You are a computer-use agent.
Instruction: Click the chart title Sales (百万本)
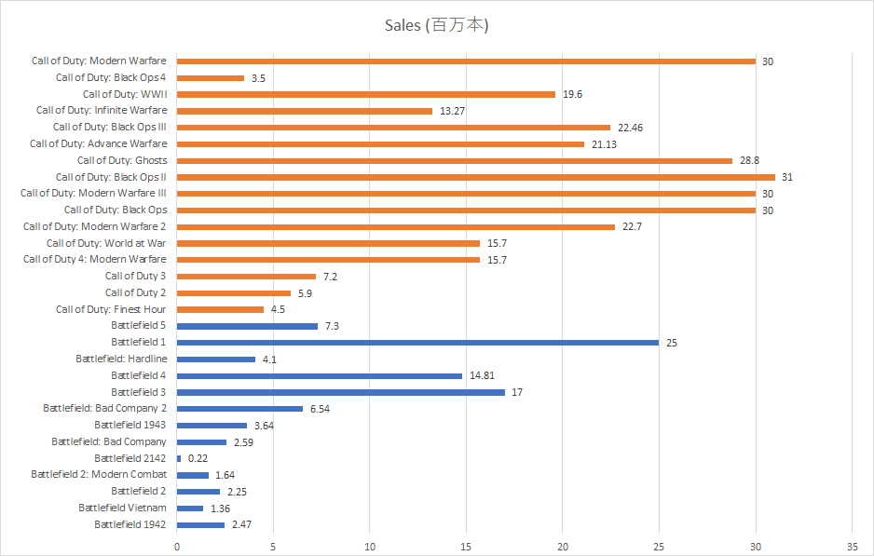click(x=436, y=25)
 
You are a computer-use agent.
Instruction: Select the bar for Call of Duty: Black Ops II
click(x=475, y=177)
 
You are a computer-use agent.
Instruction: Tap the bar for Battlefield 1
click(x=417, y=343)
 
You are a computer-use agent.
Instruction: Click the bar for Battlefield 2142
click(x=179, y=458)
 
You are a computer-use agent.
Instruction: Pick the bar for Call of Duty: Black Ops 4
click(x=211, y=78)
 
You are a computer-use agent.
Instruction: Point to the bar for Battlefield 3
click(x=341, y=392)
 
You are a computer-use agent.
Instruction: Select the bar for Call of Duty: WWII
click(x=366, y=94)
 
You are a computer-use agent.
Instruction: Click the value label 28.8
click(x=749, y=161)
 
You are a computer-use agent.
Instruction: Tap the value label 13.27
click(x=452, y=111)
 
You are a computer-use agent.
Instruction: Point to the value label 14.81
click(x=482, y=376)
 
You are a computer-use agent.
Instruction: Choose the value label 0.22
click(x=198, y=458)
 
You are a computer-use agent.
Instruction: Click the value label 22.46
click(x=629, y=128)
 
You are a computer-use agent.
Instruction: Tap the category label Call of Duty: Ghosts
click(x=122, y=160)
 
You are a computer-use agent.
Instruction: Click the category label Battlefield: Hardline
click(x=121, y=359)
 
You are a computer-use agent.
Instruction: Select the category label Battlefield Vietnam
click(x=122, y=508)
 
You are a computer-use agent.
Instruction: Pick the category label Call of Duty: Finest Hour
click(x=111, y=309)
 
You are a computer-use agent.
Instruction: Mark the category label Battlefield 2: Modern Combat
click(x=99, y=474)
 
